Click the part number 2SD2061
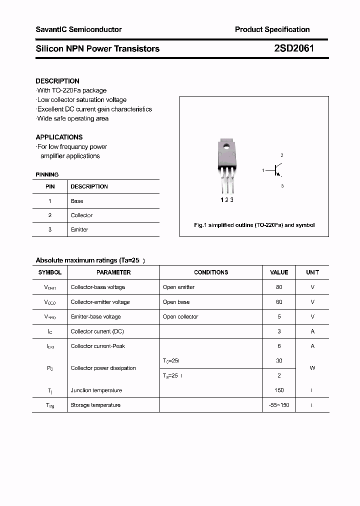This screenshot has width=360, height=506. pyautogui.click(x=294, y=48)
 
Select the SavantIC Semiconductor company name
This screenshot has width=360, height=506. pyautogui.click(x=78, y=29)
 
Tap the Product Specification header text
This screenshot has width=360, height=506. pyautogui.click(x=272, y=29)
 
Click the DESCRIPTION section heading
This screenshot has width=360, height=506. pyautogui.click(x=57, y=81)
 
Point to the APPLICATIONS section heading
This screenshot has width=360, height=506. pyautogui.click(x=59, y=137)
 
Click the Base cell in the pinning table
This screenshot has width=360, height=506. pyautogui.click(x=77, y=201)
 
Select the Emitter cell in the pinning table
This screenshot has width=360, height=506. pyautogui.click(x=79, y=229)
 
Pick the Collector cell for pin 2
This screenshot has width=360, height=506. pyautogui.click(x=81, y=215)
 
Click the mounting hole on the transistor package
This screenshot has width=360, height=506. pyautogui.click(x=226, y=147)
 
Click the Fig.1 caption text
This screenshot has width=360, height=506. pyautogui.click(x=254, y=225)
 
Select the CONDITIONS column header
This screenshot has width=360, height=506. pyautogui.click(x=211, y=272)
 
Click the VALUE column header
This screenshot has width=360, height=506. pyautogui.click(x=279, y=272)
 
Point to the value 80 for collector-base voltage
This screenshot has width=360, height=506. pyautogui.click(x=279, y=287)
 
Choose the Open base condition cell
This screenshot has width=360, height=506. pyautogui.click(x=176, y=302)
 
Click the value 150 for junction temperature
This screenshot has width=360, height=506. pyautogui.click(x=279, y=390)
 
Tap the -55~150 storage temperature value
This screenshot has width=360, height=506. pyautogui.click(x=279, y=405)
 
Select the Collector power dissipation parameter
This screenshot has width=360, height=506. pyautogui.click(x=103, y=368)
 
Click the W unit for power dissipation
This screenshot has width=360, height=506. pyautogui.click(x=312, y=368)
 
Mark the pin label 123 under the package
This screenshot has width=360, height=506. pyautogui.click(x=227, y=200)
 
